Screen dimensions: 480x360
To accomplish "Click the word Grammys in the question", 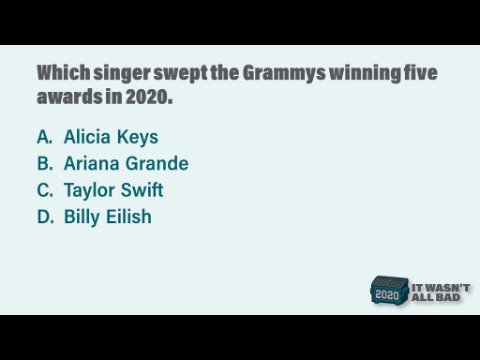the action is coord(284,73).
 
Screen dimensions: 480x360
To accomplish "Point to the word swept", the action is coord(180,74).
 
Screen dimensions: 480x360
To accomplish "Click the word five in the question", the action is coord(420,72).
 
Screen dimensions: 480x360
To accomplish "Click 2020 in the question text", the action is coord(149,97).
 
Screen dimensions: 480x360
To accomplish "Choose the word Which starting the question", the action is coord(63,72).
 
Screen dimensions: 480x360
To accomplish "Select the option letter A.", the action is coord(45,137).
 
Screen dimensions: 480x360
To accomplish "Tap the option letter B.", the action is coord(45,163).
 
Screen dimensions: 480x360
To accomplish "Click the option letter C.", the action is coord(45,190).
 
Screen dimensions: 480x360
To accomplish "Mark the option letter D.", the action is coord(45,217).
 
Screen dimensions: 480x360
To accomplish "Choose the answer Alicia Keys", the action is coord(111,137).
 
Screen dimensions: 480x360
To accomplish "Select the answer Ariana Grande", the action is coord(126,163).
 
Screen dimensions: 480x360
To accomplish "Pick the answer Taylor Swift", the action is coord(113,191).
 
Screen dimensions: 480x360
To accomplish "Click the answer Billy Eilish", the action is coord(108,217).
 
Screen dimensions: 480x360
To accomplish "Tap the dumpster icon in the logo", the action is coord(389,290).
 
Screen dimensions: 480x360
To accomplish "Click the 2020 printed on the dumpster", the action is coord(387,295).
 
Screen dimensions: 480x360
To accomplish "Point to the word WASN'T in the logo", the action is coord(447,288).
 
